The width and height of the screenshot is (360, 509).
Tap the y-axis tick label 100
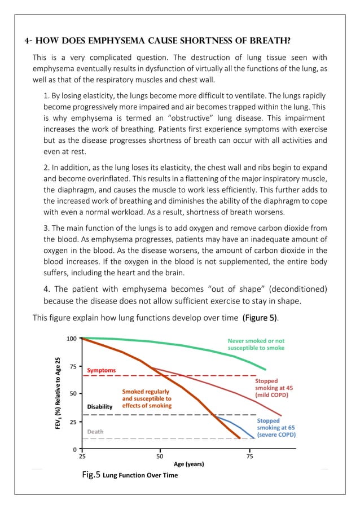(x=72, y=339)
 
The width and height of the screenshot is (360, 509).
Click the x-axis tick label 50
(x=160, y=457)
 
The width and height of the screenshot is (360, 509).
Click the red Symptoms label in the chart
(x=101, y=370)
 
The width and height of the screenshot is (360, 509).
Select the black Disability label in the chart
(x=100, y=406)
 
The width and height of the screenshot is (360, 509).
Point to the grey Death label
(x=95, y=432)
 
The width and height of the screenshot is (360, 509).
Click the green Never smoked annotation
(x=256, y=345)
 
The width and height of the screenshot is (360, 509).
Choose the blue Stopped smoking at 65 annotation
(x=276, y=428)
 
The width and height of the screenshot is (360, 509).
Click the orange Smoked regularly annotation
(x=147, y=398)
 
